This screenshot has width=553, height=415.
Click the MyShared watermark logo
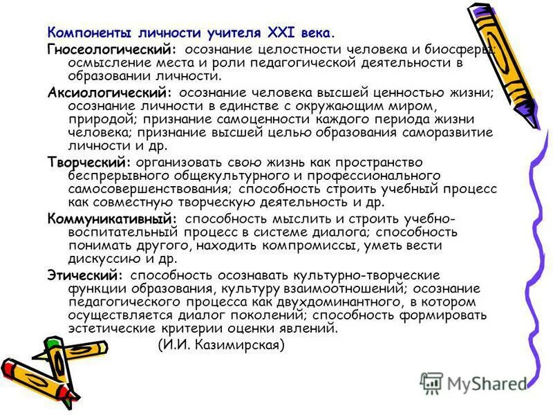474,383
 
